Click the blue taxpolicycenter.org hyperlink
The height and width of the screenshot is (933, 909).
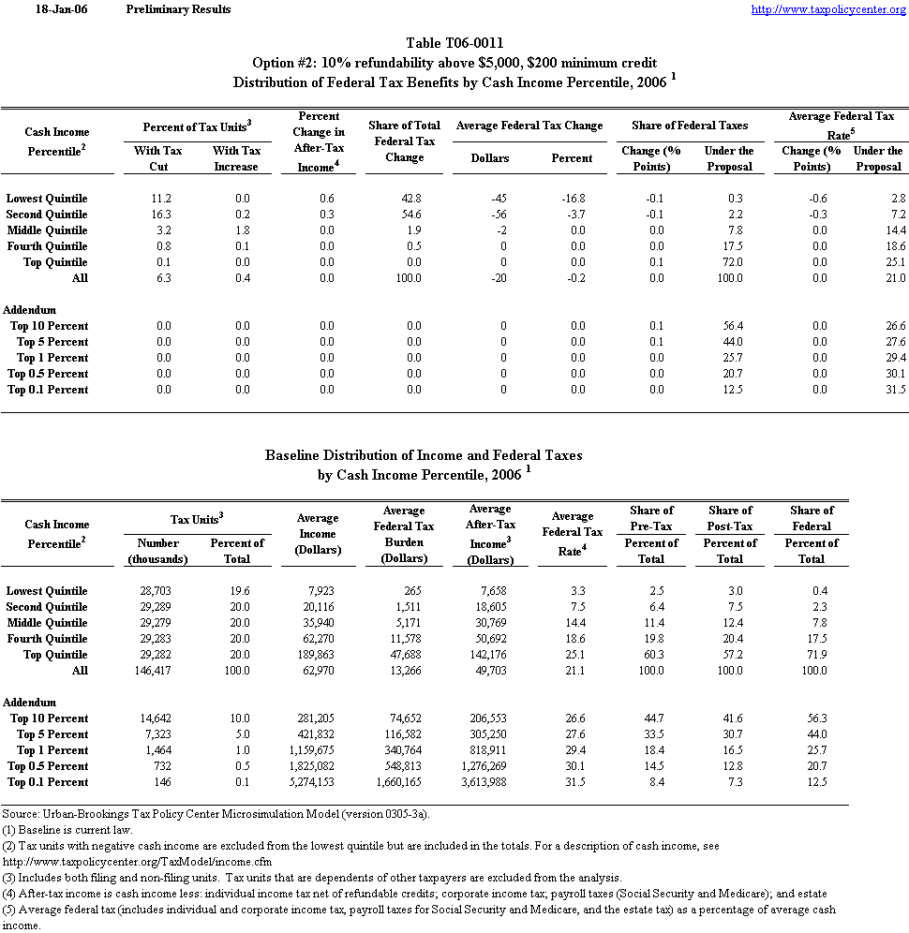coord(829,9)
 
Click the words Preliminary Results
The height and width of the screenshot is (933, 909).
coord(178,9)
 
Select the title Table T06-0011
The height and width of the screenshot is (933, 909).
coord(454,44)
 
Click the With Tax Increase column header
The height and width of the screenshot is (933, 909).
coord(236,158)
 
